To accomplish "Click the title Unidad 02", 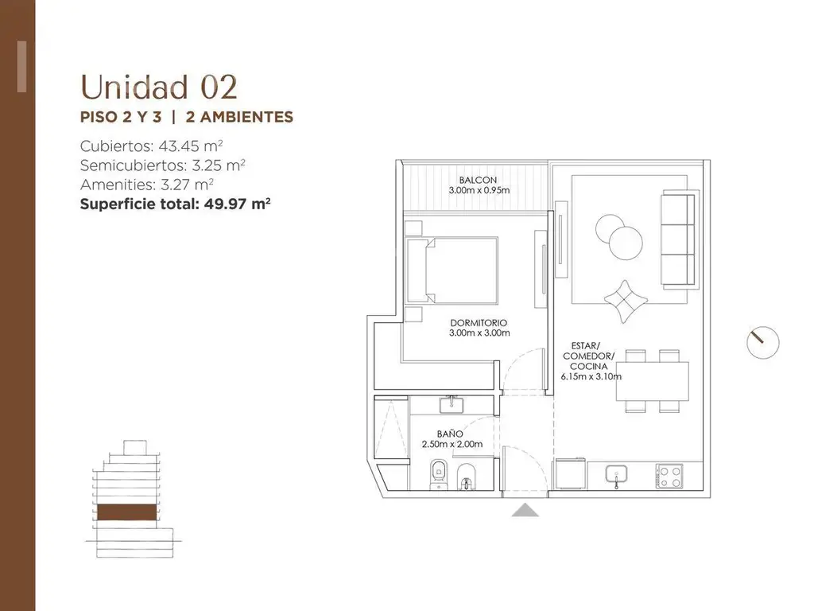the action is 159,88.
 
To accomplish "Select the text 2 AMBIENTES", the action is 239,117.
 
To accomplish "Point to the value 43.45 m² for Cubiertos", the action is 191,146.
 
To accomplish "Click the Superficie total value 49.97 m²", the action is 237,204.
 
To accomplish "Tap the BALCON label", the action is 478,181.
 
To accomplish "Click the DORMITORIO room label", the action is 479,323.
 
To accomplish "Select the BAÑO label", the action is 450,434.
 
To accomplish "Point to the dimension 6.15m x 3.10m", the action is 591,376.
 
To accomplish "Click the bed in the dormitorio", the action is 452,270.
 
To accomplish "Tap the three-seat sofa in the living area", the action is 678,239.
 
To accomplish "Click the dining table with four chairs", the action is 653,381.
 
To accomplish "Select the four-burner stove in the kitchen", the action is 669,476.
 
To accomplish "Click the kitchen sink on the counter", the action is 616,476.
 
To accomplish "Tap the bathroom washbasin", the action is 452,405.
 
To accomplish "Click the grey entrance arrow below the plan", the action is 525,510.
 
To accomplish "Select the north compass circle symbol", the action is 763,342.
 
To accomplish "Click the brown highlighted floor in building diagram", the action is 126,512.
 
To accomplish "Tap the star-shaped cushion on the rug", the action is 626,302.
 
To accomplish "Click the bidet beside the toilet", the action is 466,477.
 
